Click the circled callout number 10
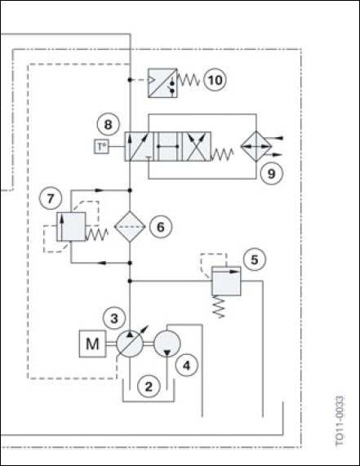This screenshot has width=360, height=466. click(x=215, y=80)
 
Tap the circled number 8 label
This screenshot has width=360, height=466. click(x=108, y=124)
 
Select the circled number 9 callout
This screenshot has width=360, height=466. click(x=271, y=174)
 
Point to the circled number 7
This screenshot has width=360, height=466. click(x=51, y=198)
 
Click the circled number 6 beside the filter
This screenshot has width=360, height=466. click(x=161, y=227)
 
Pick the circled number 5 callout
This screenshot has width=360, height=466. click(x=255, y=260)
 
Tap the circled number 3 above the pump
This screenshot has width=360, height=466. click(x=114, y=318)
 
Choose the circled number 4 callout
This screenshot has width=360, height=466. click(x=186, y=366)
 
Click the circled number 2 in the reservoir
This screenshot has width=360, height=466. click(x=149, y=386)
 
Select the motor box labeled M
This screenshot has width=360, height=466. click(x=92, y=344)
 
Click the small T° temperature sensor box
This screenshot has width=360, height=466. click(x=102, y=147)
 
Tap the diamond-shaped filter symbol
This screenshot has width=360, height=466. click(x=130, y=227)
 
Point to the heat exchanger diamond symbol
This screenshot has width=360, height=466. click(x=256, y=146)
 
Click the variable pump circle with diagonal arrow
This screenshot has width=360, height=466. click(x=130, y=344)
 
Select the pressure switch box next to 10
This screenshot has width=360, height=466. click(x=162, y=83)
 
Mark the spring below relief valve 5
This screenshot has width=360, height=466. click(x=219, y=307)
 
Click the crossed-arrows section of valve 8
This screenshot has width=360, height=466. click(x=196, y=147)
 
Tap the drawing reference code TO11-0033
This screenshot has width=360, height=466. click(x=340, y=421)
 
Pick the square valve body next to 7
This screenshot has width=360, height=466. click(x=71, y=226)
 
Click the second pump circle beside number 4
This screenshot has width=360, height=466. click(x=167, y=344)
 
